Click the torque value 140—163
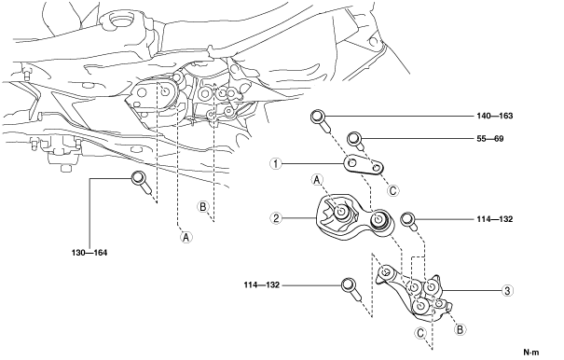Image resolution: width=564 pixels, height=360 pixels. click(495, 116)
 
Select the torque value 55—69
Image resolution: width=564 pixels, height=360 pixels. click(490, 139)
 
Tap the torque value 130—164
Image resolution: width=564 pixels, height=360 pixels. click(89, 253)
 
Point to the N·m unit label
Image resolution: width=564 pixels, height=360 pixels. click(531, 353)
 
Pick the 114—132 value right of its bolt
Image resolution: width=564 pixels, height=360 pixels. click(495, 219)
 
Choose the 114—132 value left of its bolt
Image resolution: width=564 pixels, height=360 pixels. click(262, 285)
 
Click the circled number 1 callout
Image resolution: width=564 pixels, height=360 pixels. click(276, 164)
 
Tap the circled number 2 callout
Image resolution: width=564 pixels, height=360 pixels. click(276, 218)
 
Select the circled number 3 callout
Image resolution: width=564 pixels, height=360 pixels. click(507, 291)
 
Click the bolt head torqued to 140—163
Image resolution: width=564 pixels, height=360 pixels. click(318, 117)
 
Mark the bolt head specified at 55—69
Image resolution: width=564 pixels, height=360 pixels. click(353, 138)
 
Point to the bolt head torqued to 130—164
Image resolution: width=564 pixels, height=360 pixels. click(138, 177)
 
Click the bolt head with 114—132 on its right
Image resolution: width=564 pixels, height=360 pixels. click(406, 219)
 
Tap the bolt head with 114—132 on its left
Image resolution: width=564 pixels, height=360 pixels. click(348, 284)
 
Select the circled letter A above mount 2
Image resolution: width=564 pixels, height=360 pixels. click(317, 180)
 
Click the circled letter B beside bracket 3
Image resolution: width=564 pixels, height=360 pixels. click(460, 329)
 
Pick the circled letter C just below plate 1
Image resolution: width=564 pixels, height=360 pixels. click(392, 190)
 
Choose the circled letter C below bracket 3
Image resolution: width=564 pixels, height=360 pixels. click(420, 333)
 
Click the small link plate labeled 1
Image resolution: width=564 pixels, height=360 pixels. click(364, 166)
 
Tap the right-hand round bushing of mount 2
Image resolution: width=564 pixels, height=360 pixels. click(378, 219)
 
